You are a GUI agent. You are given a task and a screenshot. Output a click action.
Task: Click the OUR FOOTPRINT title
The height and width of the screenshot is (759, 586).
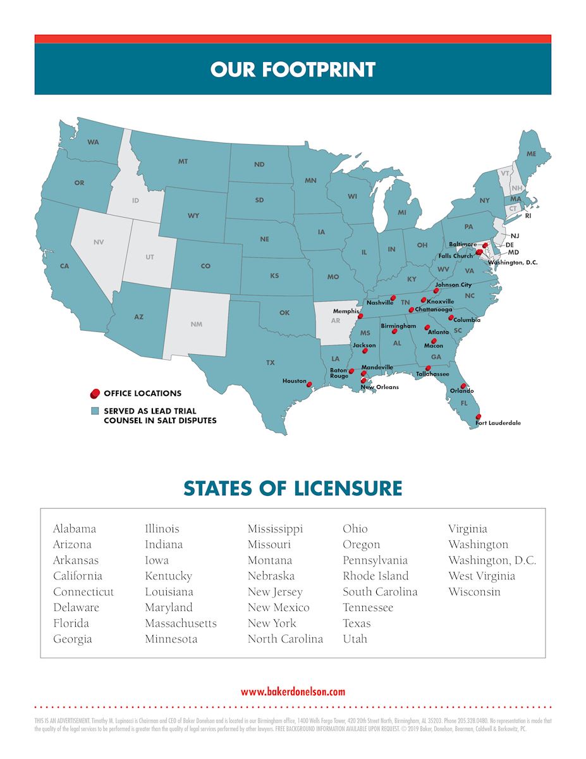click(x=293, y=69)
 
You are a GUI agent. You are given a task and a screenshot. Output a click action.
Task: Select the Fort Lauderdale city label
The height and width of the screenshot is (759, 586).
click(x=498, y=423)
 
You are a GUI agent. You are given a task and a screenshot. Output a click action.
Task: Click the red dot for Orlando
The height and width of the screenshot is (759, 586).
click(x=463, y=386)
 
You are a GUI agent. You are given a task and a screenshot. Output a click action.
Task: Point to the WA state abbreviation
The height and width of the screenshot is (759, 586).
click(x=93, y=142)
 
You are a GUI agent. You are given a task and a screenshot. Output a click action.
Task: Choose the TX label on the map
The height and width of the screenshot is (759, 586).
click(x=270, y=362)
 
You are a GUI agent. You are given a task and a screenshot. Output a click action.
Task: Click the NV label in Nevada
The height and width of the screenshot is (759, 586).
click(x=98, y=242)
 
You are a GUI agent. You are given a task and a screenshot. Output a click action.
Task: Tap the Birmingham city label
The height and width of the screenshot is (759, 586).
click(x=398, y=326)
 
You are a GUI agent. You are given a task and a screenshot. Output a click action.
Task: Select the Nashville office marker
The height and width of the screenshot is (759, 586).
click(x=393, y=297)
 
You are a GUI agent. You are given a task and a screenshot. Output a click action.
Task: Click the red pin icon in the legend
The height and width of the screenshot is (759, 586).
click(x=95, y=393)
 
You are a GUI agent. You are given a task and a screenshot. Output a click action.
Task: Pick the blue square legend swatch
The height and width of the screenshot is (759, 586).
click(x=95, y=411)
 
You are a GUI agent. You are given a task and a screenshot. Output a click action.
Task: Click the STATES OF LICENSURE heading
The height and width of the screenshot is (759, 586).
click(x=293, y=488)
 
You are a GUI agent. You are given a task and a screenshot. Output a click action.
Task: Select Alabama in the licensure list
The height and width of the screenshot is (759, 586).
click(x=75, y=529)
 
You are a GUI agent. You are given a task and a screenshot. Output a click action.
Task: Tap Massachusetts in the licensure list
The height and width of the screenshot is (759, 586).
click(x=180, y=623)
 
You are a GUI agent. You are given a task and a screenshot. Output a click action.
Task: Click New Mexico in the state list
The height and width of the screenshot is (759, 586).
click(x=278, y=607)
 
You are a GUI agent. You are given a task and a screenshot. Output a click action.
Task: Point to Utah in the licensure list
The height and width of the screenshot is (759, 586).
click(x=355, y=639)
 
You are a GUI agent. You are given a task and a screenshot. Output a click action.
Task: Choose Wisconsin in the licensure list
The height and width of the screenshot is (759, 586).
click(x=474, y=592)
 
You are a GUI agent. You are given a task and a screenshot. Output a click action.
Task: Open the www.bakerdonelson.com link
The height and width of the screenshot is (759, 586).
click(x=293, y=691)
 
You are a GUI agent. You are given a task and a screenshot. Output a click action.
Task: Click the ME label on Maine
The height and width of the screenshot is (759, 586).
click(x=531, y=154)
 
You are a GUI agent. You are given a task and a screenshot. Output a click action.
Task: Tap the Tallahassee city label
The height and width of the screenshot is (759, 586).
click(x=432, y=374)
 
